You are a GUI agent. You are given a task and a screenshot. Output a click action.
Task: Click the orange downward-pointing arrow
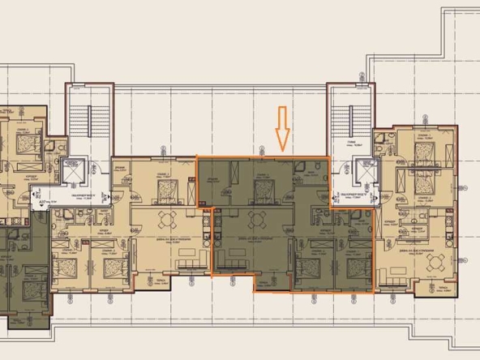click(282, 127)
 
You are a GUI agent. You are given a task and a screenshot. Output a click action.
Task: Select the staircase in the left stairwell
click(79, 123)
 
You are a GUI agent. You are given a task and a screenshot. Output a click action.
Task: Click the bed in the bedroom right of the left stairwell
click(168, 190)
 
